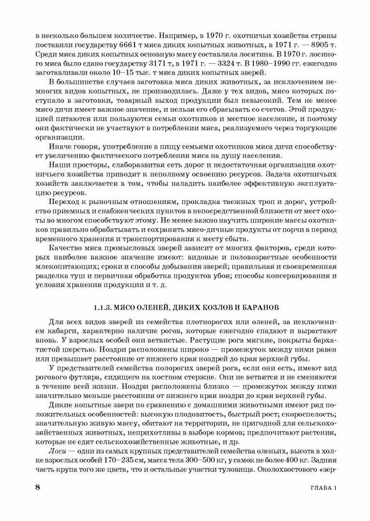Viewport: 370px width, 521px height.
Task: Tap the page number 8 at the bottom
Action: (x=38, y=487)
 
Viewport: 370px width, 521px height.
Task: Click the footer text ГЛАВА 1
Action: (x=321, y=488)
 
